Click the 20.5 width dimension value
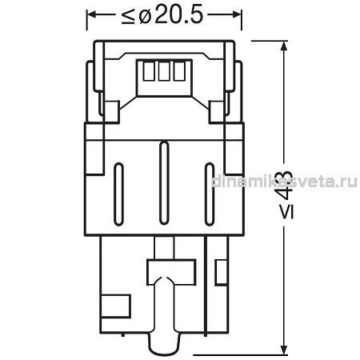[x=178, y=15]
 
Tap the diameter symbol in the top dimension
[x=145, y=17]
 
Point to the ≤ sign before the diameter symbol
[x=128, y=17]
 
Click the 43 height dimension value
[x=285, y=184]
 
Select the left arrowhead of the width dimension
[x=93, y=14]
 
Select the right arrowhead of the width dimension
[x=236, y=14]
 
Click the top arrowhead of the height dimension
[x=285, y=46]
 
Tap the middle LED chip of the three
[x=164, y=71]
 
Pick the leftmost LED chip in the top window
[x=149, y=71]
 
